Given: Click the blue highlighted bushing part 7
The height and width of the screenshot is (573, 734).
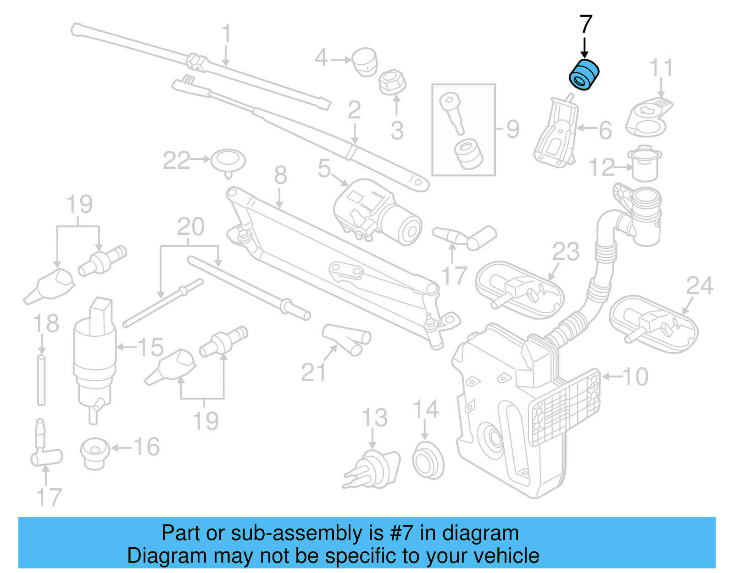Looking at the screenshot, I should (x=584, y=75).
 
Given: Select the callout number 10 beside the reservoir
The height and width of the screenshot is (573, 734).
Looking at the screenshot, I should (x=635, y=377).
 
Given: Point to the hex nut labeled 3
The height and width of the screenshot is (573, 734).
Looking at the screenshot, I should (x=392, y=83).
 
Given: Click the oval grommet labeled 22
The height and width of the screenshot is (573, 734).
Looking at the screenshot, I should (x=228, y=161).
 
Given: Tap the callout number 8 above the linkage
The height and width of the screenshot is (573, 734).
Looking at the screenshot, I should (x=280, y=175).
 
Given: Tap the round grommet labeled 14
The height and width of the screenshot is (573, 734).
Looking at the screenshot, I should (x=428, y=461).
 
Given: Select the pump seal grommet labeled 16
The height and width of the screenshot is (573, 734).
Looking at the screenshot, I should (x=95, y=453).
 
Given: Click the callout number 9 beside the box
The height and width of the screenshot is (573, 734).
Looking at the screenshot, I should (x=513, y=129).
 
